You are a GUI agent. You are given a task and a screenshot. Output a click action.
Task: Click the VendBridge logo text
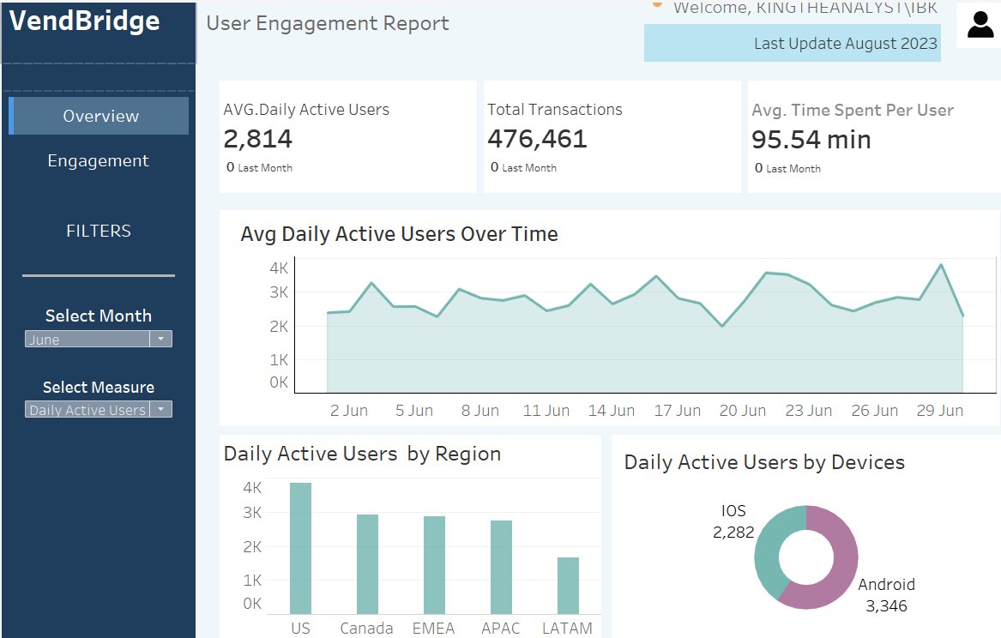pos(85,21)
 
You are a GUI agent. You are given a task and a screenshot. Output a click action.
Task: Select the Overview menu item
pos(100,116)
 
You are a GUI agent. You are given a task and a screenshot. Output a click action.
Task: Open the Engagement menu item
pos(98,160)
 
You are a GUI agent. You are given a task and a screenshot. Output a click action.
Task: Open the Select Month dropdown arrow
pos(160,340)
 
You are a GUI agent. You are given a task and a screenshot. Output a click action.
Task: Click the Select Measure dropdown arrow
pos(160,410)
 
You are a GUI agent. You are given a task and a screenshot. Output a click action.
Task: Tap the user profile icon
pos(980,25)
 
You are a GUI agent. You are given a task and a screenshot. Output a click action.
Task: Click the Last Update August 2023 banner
pos(793,43)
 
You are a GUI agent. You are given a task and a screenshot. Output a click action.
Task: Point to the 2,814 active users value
pos(258,139)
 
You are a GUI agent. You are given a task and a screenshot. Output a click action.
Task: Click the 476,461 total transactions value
pos(537,139)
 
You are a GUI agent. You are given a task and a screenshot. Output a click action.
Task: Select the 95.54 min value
pos(811,140)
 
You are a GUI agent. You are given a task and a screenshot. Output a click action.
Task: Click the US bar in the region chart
pos(300,548)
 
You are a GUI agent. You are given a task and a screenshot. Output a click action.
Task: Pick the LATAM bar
pos(568,585)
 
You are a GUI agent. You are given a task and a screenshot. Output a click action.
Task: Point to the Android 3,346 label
pos(887,595)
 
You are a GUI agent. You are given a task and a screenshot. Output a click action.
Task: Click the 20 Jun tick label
pos(742,411)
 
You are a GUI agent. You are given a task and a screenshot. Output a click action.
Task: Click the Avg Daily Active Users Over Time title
pos(399,234)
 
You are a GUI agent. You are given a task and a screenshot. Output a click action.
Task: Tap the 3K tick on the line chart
pos(279,292)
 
